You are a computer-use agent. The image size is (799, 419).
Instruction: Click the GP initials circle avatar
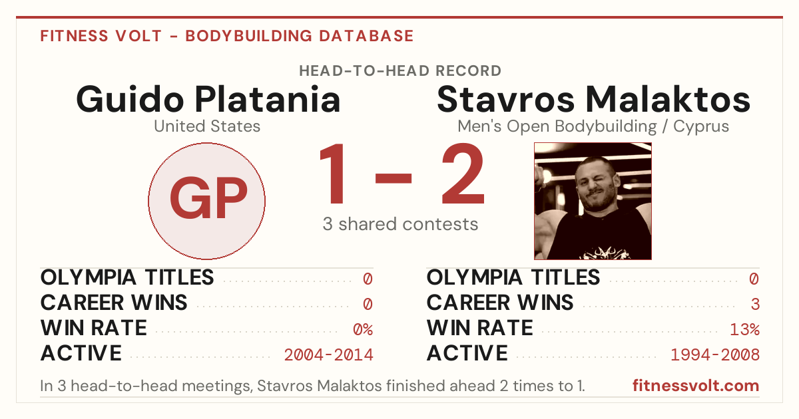(206, 201)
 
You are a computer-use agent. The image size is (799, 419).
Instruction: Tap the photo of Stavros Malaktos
(593, 201)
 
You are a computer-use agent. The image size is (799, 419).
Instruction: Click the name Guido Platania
(208, 100)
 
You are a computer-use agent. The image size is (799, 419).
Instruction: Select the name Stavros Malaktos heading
(593, 99)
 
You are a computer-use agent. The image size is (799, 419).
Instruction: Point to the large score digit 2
(463, 173)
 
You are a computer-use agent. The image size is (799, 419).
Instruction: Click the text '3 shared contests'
(400, 224)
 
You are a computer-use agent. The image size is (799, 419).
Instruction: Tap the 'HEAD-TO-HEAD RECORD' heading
(400, 70)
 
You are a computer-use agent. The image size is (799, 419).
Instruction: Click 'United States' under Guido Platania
(207, 126)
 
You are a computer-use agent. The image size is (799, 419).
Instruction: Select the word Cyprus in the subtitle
(701, 127)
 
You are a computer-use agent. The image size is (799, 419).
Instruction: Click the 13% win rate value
(745, 329)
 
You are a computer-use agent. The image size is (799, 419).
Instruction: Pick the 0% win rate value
(363, 329)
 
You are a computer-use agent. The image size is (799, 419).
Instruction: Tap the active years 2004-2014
(328, 355)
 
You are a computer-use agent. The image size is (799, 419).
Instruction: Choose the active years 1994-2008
(715, 355)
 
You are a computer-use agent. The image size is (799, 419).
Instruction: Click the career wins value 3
(755, 304)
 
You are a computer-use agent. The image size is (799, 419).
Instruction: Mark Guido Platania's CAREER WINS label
(114, 303)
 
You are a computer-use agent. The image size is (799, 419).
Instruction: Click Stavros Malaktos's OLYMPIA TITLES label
(513, 277)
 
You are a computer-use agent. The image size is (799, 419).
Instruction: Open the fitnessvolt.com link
(696, 386)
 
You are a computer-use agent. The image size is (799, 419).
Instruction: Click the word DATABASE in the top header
(366, 36)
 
